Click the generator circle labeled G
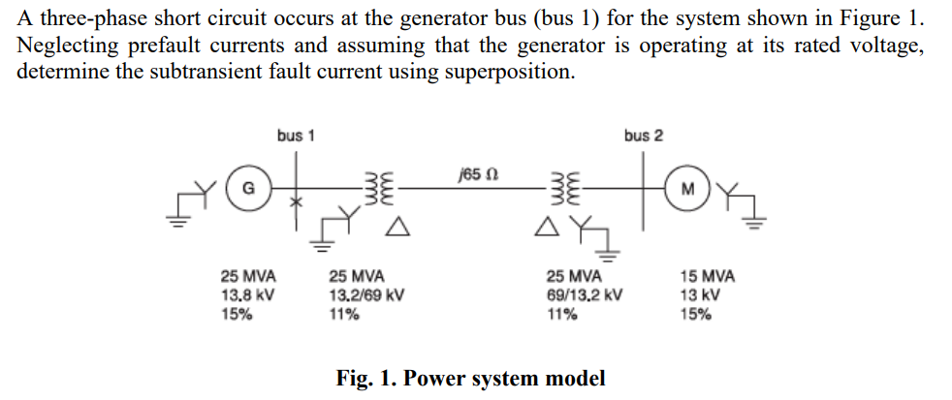pos(248,187)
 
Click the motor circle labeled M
pos(687,187)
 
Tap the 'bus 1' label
pos(296,136)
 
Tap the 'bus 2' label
pos(644,136)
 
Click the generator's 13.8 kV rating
pos(242,294)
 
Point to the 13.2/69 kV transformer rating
pos(366,294)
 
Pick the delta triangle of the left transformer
pos(395,228)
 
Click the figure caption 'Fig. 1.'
pos(363,378)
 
